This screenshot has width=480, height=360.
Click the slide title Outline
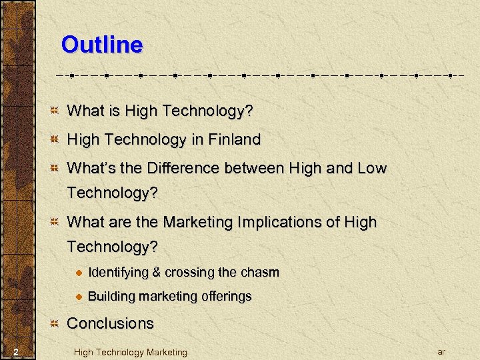101,45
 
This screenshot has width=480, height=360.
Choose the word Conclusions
111,323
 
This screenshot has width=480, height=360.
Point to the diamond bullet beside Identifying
78,273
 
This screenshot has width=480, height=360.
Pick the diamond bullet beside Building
78,297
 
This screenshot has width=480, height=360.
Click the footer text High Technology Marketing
131,352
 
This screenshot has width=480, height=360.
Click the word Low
372,168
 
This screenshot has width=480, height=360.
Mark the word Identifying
118,272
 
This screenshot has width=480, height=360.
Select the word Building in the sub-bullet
109,296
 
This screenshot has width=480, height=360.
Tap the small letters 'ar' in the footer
441,351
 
